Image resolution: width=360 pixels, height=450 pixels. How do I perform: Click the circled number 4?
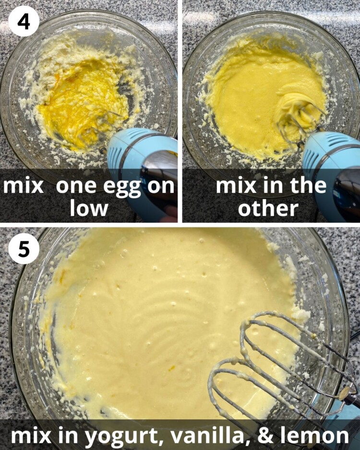coord(24,22)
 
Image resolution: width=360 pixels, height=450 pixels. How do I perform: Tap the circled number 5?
coord(24,249)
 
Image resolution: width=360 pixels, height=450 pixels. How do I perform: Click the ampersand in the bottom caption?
coord(266,435)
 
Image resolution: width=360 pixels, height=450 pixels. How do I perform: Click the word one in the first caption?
coord(76,187)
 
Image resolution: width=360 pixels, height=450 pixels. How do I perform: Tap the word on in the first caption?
coord(161,187)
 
